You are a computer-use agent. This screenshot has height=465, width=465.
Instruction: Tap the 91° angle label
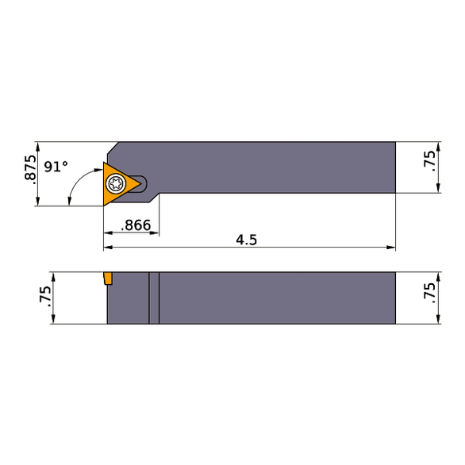pyautogui.click(x=56, y=167)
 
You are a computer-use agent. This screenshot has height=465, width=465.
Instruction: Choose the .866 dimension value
pyautogui.click(x=135, y=225)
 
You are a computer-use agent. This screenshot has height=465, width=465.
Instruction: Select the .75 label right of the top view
pyautogui.click(x=429, y=161)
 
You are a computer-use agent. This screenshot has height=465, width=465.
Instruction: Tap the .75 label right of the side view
pyautogui.click(x=429, y=293)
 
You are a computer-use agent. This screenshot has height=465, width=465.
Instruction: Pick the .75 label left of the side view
pyautogui.click(x=45, y=298)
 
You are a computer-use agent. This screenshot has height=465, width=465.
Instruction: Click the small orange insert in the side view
pyautogui.click(x=106, y=279)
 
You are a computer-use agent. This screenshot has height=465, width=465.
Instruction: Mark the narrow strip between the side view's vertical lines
pyautogui.click(x=154, y=298)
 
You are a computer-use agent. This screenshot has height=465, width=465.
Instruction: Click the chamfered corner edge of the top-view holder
pyautogui.click(x=113, y=151)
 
